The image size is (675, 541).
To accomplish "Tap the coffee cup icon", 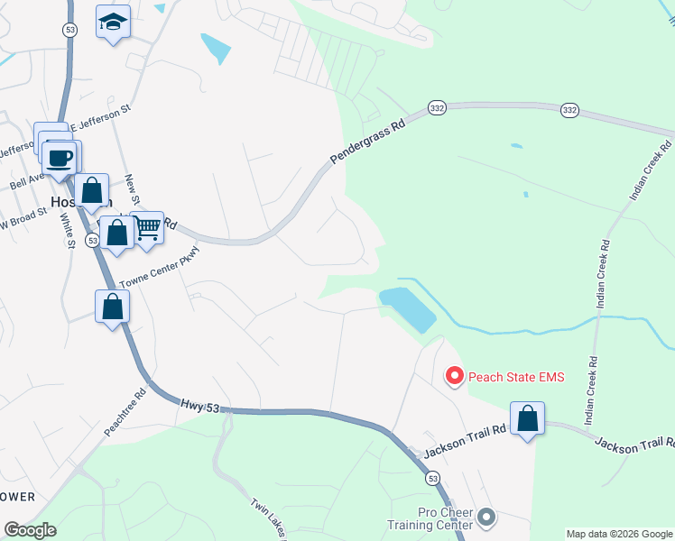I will click(x=60, y=159).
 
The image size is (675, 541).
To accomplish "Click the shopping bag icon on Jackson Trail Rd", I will click(x=527, y=419).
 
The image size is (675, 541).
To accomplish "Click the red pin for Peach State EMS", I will click(x=455, y=375).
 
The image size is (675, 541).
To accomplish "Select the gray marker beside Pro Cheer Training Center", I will click(x=486, y=518).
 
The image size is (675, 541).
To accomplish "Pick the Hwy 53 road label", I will click(x=199, y=408).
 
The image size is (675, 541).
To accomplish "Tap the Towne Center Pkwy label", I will click(x=158, y=267).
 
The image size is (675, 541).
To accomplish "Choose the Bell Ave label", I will click(x=27, y=181).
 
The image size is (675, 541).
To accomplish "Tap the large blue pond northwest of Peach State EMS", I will click(x=407, y=308).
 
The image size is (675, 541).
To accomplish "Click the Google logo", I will click(x=30, y=530).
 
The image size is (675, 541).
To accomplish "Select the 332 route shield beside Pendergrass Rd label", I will click(x=437, y=107).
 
